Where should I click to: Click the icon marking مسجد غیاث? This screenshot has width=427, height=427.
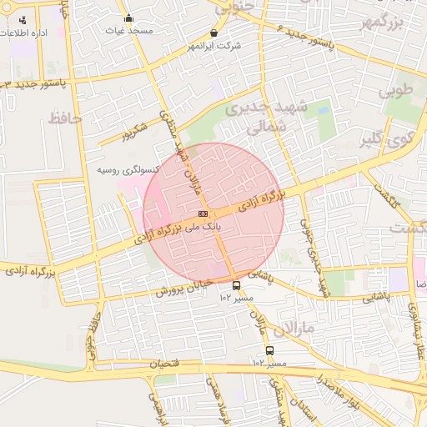[x=128, y=18]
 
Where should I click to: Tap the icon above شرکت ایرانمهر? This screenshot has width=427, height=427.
[x=214, y=33]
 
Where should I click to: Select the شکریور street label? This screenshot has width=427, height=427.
[x=133, y=130]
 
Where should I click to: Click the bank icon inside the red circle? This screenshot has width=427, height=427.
[x=203, y=215]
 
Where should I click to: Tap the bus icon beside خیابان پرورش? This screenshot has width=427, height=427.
[x=236, y=284]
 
